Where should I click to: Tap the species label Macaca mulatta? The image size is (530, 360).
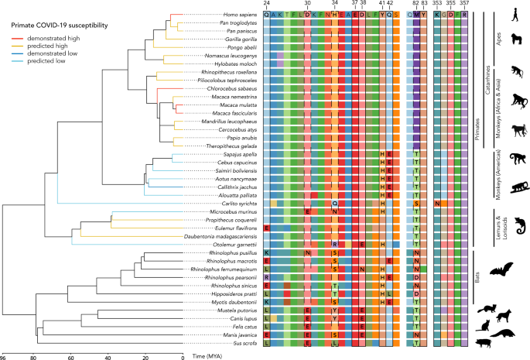point(240,105)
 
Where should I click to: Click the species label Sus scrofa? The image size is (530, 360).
point(246,343)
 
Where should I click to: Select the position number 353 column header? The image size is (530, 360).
point(437,4)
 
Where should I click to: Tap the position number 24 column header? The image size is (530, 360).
point(267,4)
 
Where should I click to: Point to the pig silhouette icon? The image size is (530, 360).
point(509,343)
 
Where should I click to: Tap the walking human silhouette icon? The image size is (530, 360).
point(516,15)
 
